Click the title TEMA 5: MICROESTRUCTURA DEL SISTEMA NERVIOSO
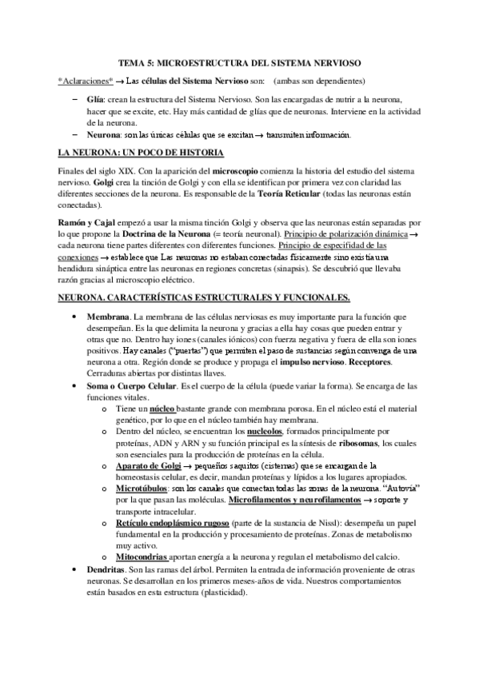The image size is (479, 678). pos(239,62)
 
